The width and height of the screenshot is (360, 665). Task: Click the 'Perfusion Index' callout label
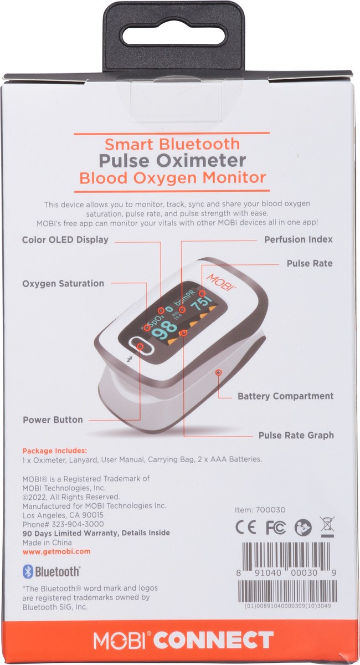point(298,240)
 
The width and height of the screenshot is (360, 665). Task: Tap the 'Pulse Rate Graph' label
point(296,435)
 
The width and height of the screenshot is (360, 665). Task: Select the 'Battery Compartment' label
point(285,396)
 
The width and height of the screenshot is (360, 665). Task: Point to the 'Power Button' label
point(53,420)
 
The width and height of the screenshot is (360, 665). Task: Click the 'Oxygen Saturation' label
point(63,283)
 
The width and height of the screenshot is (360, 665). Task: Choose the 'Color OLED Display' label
point(65,240)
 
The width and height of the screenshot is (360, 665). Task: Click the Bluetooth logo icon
point(28,572)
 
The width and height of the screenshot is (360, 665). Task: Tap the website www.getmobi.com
point(56,552)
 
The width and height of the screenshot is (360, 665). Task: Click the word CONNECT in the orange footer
point(214,641)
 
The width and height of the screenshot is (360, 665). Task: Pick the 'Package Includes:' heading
point(54,451)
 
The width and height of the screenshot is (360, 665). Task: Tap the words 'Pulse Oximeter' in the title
point(172,161)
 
